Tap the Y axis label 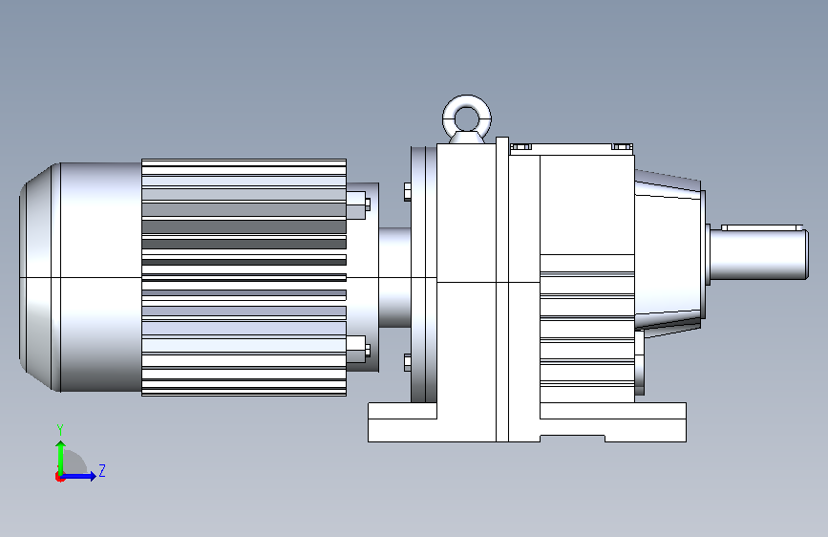[x=60, y=430]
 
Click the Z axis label [x=102, y=470]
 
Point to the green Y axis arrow [x=61, y=459]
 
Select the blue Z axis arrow [x=78, y=476]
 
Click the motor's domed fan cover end [x=40, y=277]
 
